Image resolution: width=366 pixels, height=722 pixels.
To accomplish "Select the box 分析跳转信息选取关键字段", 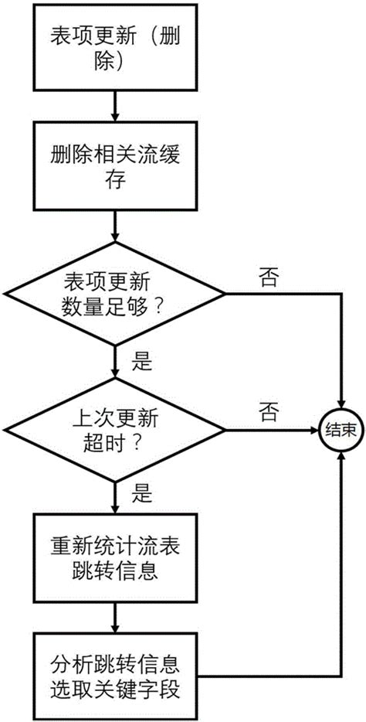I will point(114,676).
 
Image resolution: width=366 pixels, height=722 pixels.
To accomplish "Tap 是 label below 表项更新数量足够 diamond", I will point(144,360).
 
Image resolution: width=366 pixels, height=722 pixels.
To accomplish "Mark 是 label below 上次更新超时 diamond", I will point(144,490).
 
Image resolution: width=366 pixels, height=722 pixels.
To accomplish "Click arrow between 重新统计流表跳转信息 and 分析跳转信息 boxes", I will point(114,618).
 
